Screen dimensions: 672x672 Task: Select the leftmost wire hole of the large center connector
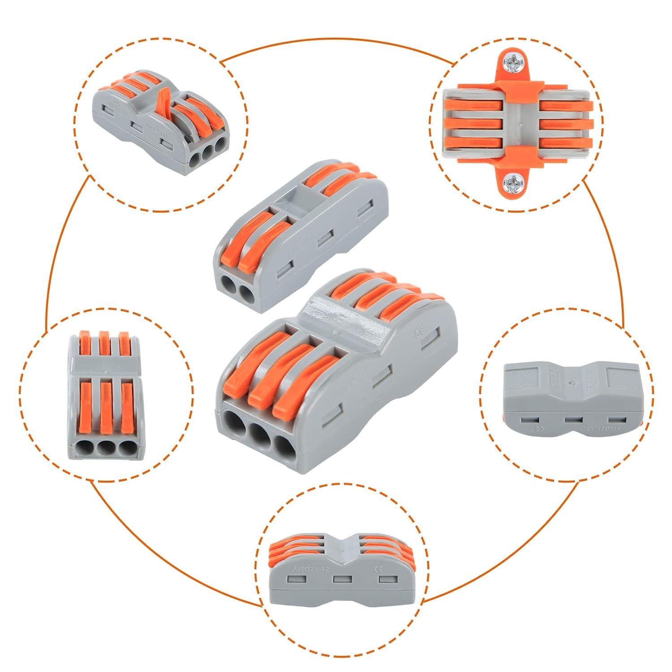pos(235,423)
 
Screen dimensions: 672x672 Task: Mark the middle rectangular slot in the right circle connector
pos(573,420)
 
